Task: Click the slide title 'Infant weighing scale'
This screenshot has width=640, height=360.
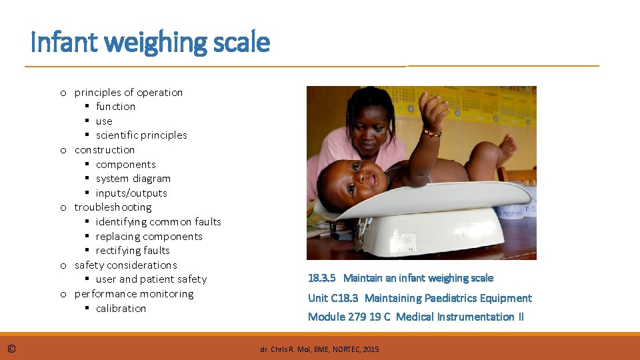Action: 150,43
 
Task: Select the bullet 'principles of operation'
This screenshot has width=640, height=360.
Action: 128,92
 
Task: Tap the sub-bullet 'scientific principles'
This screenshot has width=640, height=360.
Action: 141,135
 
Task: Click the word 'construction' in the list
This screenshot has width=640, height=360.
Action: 105,150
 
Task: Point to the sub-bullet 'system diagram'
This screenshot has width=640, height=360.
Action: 133,179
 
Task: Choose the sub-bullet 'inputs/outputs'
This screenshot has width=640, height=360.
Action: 131,193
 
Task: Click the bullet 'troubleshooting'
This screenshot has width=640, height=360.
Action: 113,207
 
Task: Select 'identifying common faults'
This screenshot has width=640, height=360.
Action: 158,222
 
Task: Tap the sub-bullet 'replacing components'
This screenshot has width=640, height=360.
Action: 149,237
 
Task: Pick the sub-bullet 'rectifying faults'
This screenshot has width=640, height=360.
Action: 133,251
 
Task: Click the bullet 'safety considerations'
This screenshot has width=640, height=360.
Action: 125,265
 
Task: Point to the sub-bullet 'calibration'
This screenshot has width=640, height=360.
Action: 121,309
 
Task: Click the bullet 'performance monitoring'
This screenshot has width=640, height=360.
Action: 133,294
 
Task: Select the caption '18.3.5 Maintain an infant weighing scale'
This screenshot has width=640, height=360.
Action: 400,278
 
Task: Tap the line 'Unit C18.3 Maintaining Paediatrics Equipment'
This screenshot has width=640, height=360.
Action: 419,298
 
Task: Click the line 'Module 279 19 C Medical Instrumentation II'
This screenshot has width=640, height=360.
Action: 415,317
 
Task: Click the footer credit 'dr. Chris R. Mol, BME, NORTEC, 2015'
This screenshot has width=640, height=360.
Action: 319,349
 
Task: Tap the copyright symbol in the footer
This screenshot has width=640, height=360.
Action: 12,348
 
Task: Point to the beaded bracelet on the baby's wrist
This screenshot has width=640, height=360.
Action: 431,133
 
